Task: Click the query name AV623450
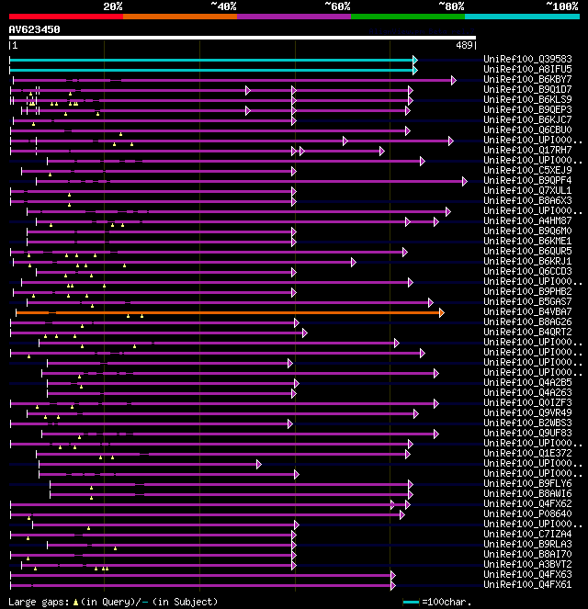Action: click(x=34, y=29)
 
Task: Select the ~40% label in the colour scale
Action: click(x=223, y=6)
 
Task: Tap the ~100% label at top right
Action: click(x=561, y=6)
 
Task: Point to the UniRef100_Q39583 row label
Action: click(x=527, y=59)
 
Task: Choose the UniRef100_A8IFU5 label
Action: click(x=527, y=69)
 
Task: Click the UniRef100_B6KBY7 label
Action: click(x=527, y=79)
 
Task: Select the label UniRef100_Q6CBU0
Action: click(x=527, y=130)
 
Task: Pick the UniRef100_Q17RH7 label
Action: click(x=527, y=150)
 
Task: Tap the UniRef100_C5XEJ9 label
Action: click(x=527, y=170)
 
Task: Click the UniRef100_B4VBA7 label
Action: click(x=527, y=311)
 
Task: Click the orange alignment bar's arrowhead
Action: click(x=442, y=312)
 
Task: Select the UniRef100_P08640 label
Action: click(x=527, y=513)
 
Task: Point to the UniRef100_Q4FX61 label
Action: click(x=527, y=584)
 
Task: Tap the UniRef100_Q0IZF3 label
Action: click(x=527, y=402)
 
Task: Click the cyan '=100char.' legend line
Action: click(x=411, y=602)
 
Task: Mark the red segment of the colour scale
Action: click(x=65, y=16)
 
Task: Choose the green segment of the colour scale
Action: click(x=407, y=16)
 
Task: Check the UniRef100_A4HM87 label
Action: click(x=527, y=220)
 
